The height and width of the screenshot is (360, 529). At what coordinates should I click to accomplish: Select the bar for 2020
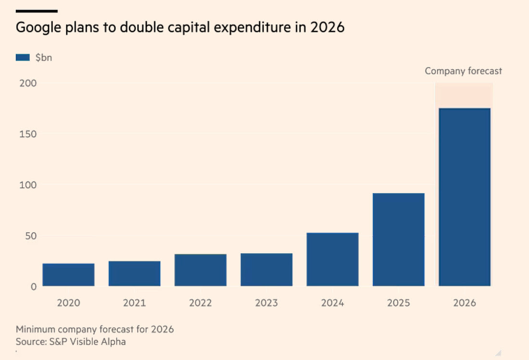tap(68, 275)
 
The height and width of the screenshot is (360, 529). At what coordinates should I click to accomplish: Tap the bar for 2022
tap(201, 270)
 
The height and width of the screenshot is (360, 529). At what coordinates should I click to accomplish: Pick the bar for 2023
tap(266, 270)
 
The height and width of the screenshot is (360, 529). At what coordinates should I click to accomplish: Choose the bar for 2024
tap(332, 259)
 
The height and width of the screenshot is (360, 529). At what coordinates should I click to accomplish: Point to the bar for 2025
tap(399, 240)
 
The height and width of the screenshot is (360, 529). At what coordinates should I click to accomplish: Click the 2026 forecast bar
tap(465, 197)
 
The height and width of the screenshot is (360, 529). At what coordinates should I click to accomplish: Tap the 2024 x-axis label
tap(332, 303)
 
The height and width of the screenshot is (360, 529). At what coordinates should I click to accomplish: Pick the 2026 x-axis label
tap(465, 303)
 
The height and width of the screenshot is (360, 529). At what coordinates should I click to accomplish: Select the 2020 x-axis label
tap(68, 303)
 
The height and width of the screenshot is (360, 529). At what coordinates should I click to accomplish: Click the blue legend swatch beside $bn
tap(23, 57)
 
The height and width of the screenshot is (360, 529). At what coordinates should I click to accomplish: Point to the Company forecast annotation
tap(463, 71)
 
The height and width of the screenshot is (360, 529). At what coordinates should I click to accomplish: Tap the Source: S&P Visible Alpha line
tap(71, 342)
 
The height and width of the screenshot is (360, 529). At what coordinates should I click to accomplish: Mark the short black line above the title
tap(37, 11)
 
